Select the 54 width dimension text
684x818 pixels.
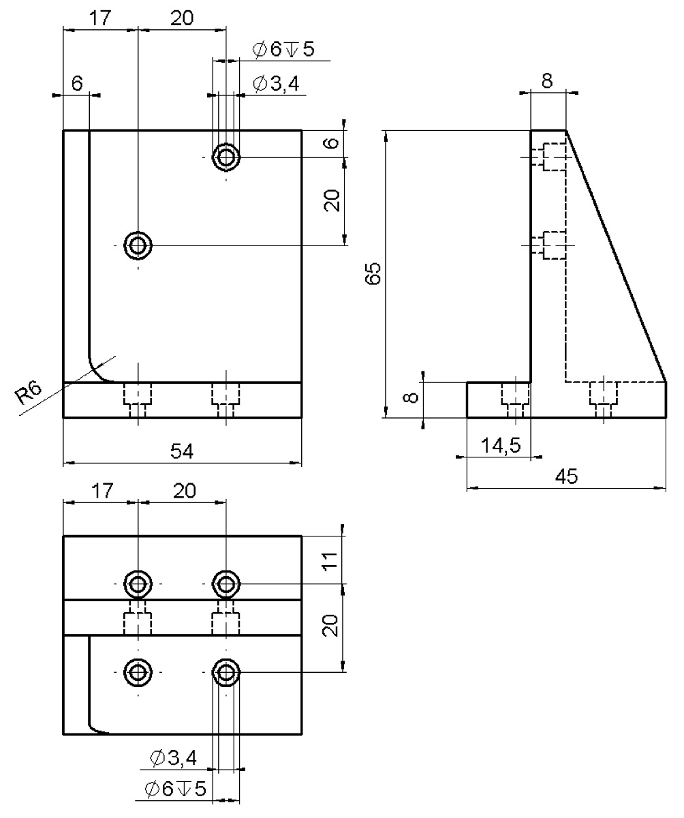point(182,451)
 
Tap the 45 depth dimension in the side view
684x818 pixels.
point(566,476)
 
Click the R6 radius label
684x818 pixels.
point(29,393)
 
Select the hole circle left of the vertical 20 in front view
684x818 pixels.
point(138,244)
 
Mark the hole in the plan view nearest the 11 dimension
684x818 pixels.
point(226,584)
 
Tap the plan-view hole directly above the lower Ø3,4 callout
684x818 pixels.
point(226,673)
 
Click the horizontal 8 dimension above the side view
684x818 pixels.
point(547,80)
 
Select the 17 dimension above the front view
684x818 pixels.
point(99,18)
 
